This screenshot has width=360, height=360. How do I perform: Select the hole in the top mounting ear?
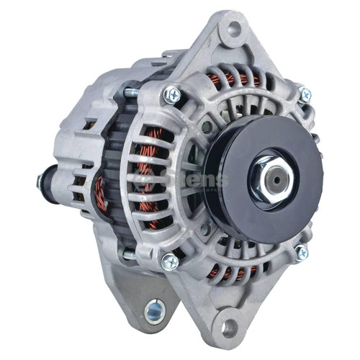click(x=233, y=30)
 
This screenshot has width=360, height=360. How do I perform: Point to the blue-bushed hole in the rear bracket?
click(x=154, y=311)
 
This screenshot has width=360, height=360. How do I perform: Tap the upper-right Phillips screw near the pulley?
click(x=305, y=94)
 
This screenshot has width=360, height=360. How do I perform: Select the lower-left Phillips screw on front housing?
click(x=171, y=261)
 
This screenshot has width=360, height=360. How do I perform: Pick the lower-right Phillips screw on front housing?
click(x=301, y=252)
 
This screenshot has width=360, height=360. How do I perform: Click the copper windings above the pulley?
click(x=234, y=81)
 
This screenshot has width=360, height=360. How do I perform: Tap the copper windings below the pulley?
click(x=233, y=271)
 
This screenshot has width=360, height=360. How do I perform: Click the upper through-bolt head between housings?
click(x=129, y=92)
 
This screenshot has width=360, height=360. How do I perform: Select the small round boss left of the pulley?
click(x=207, y=127)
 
